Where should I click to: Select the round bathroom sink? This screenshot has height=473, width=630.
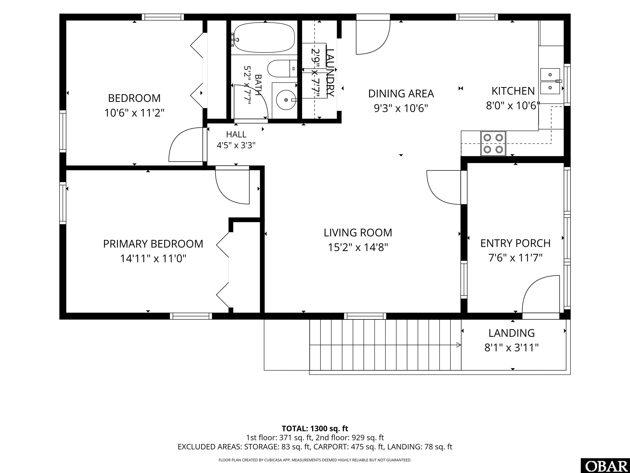[286, 100]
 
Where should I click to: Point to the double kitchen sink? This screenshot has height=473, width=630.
[550, 81]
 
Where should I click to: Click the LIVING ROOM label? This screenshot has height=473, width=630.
[358, 233]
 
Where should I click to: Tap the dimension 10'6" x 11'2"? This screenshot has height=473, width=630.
[135, 113]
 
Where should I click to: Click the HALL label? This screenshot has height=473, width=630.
[236, 134]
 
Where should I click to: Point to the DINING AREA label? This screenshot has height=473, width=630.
[401, 94]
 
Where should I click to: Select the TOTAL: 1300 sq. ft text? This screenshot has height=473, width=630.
[315, 428]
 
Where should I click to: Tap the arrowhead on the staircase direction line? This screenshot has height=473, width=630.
[459, 345]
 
